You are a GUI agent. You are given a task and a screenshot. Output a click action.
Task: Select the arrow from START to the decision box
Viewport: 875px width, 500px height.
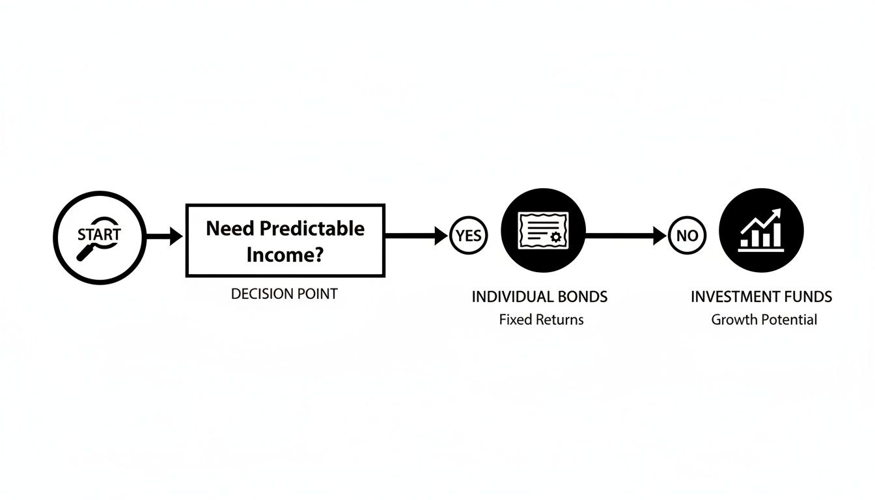click(x=165, y=236)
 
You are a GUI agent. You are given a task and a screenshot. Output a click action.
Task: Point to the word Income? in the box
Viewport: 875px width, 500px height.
click(x=285, y=254)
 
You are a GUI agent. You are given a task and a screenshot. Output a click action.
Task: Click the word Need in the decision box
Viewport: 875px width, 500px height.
click(x=230, y=228)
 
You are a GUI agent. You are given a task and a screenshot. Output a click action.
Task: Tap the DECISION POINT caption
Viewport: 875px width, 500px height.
click(x=285, y=294)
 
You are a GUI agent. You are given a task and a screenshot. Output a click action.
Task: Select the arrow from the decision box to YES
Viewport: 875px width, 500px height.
click(x=417, y=236)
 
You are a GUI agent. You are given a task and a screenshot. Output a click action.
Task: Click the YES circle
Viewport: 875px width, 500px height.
click(x=468, y=236)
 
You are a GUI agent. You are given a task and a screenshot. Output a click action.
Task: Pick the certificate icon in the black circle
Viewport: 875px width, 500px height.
click(x=543, y=230)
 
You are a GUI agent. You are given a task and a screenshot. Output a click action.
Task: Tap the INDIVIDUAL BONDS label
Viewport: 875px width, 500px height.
click(x=539, y=297)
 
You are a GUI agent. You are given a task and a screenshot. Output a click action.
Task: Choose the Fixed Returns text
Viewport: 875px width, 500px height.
click(x=541, y=320)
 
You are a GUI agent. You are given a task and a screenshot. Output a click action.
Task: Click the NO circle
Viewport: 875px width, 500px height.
click(x=686, y=236)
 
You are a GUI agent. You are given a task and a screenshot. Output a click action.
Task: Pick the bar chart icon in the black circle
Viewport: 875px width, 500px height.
click(x=761, y=230)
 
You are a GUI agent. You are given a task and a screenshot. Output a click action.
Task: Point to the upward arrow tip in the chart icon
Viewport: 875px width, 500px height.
click(x=777, y=213)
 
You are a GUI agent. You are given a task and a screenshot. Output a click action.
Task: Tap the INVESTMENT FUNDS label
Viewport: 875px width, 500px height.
click(x=761, y=297)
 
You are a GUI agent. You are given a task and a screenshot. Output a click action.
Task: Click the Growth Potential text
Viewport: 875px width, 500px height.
click(x=764, y=320)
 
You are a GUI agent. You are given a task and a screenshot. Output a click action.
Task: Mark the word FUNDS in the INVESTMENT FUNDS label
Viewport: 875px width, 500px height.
click(x=808, y=297)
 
